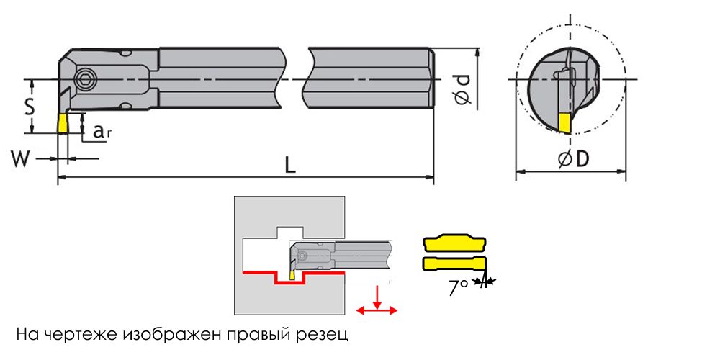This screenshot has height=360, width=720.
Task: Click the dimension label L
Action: click(x=289, y=165)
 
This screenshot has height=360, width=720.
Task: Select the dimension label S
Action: click(x=29, y=107)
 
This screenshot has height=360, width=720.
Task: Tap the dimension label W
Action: click(x=21, y=158)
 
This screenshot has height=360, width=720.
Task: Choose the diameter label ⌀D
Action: click(x=574, y=160)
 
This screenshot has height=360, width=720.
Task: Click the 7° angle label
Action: click(x=459, y=287)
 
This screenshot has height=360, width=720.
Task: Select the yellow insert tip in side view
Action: click(x=63, y=123)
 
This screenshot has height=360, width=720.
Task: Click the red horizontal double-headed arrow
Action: click(x=377, y=310)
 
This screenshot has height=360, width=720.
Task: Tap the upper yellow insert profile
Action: click(x=454, y=243)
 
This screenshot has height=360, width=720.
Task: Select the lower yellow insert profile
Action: click(x=454, y=264)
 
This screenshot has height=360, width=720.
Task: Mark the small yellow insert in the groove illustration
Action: click(x=292, y=274)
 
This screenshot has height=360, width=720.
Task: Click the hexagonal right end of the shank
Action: click(x=433, y=78)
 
